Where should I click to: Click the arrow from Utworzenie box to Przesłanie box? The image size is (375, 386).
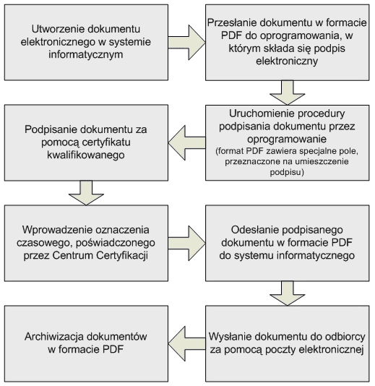(187, 43)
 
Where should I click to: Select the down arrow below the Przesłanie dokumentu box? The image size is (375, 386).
(287, 93)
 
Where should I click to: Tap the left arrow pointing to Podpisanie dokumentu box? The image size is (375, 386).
(187, 143)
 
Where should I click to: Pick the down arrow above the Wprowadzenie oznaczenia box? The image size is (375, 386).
(86, 193)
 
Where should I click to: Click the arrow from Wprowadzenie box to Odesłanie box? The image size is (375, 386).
(187, 243)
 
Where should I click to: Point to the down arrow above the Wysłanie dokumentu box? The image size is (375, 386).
(287, 293)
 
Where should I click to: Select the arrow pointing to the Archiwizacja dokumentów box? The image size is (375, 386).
(187, 343)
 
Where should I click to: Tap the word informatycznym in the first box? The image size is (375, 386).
(86, 55)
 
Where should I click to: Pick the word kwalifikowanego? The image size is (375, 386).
(86, 155)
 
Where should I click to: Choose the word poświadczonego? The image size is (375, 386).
(116, 243)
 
